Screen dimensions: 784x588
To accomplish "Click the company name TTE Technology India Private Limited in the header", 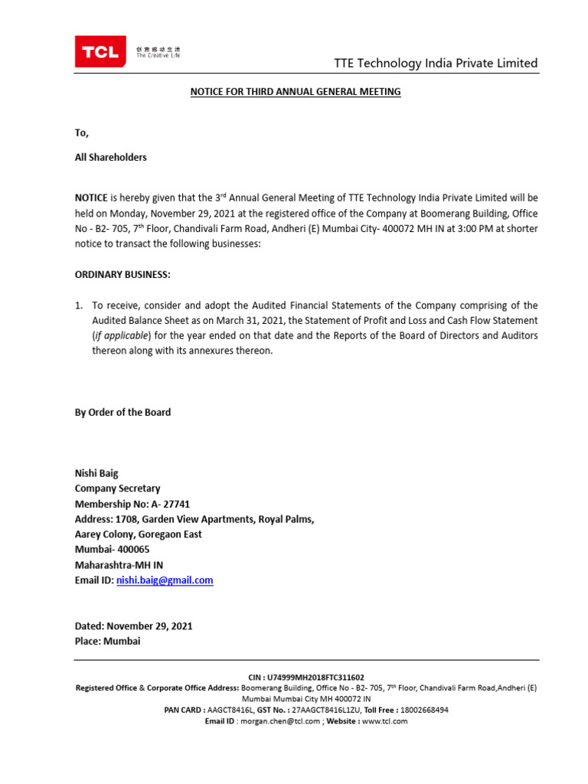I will coord(436,63).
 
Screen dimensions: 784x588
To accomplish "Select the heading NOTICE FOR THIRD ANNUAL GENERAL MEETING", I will coord(296,92).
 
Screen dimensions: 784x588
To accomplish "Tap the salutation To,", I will coord(82,132).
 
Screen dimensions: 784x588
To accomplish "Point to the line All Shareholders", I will coord(110,157).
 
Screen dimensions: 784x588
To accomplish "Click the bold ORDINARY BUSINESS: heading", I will coord(122,275).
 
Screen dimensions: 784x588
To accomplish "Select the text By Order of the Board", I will coord(122,412).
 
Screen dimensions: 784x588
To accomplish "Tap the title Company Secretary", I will coord(117,488).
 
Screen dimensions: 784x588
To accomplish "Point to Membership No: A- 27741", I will coord(132,504).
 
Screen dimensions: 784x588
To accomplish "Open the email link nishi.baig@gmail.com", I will coord(165,580).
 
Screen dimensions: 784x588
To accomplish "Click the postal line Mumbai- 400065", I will coord(112,550).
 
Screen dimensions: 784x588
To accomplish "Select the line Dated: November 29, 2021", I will coord(133,626).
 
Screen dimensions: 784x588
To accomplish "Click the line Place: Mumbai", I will coord(107,641).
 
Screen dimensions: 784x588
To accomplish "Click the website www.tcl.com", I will coord(384,721).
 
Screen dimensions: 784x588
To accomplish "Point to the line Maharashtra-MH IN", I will coord(119,565).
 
